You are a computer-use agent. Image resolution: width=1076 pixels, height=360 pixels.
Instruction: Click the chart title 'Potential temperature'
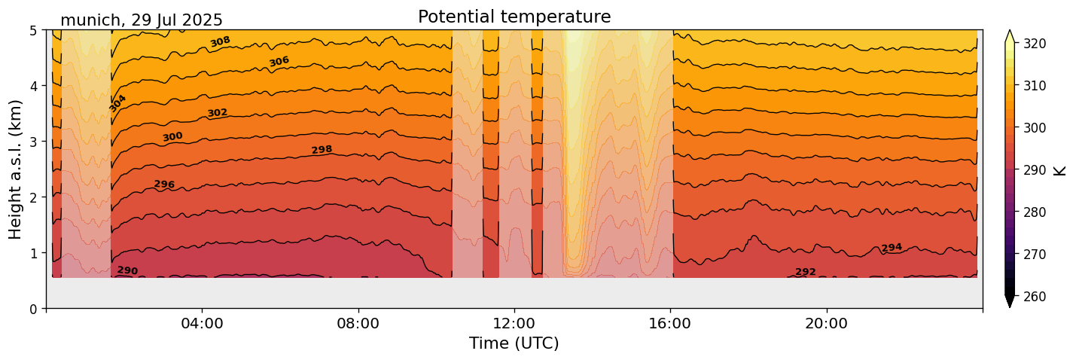point(514,17)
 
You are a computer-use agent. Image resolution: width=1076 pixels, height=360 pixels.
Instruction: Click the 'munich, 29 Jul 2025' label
point(142,20)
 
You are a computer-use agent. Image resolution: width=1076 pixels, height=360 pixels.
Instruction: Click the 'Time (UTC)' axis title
point(514,343)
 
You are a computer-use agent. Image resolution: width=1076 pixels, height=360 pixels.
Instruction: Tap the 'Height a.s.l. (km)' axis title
point(16,169)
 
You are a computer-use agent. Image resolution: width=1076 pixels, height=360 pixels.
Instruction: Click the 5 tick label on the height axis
point(34,31)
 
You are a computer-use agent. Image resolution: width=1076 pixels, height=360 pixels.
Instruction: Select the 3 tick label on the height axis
point(34,142)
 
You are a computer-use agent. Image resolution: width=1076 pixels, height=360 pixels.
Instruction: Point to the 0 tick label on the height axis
point(34,309)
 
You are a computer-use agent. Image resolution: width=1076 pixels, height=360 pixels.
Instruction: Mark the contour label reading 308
point(220,41)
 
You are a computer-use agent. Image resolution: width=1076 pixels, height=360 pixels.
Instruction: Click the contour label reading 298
point(322,150)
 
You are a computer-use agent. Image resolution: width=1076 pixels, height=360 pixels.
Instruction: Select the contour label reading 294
point(892,248)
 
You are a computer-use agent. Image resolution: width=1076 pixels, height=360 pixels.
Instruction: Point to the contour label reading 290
point(127,270)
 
